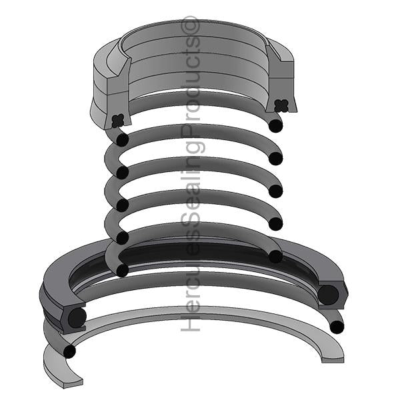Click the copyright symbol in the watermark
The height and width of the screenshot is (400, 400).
[190, 25]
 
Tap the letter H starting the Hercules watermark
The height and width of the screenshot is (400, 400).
[190, 323]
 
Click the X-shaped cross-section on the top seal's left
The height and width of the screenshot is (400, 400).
[118, 121]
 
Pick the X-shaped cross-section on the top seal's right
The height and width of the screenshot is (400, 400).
[281, 105]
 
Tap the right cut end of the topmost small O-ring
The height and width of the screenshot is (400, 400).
[275, 125]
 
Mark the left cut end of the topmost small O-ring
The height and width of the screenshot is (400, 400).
[123, 140]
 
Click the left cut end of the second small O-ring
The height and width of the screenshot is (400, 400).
[123, 173]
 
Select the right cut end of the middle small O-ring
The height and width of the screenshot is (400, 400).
[275, 191]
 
